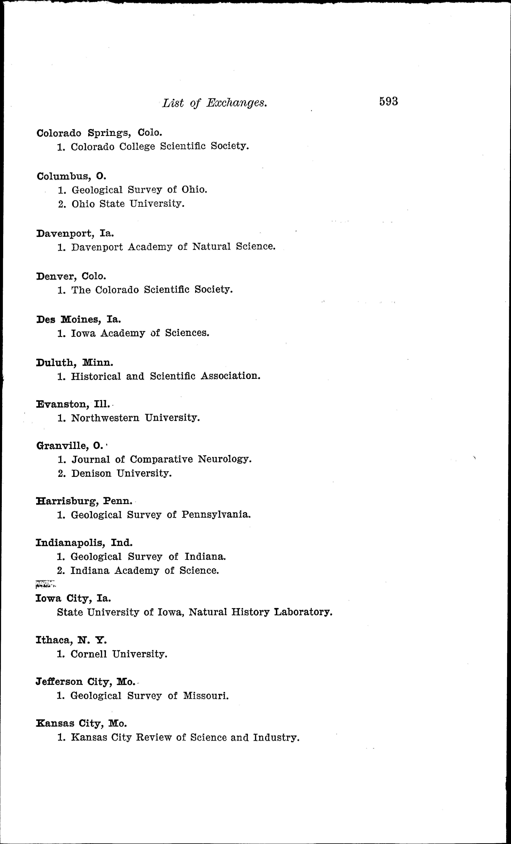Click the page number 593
click(x=388, y=102)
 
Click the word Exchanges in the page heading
click(x=236, y=103)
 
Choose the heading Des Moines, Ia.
click(x=78, y=320)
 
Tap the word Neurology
click(x=225, y=459)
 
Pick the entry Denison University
click(x=121, y=474)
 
